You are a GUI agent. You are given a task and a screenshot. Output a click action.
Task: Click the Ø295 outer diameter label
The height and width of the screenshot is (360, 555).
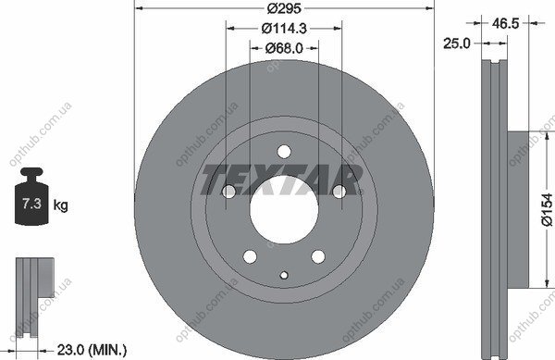[284, 8]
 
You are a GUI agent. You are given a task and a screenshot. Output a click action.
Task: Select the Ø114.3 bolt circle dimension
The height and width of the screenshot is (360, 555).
[284, 29]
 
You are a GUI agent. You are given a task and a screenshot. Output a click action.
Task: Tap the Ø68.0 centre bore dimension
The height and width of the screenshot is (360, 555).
[284, 48]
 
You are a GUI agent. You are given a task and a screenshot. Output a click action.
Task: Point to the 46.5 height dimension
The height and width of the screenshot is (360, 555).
[505, 23]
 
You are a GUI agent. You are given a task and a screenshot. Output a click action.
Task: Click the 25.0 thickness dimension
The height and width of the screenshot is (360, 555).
[457, 43]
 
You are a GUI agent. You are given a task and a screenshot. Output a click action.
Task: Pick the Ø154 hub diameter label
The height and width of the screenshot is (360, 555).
[547, 209]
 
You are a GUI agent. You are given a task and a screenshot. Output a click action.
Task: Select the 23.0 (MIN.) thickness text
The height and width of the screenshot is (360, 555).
[92, 350]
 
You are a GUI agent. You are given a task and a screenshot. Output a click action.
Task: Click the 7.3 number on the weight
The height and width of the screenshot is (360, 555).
[31, 204]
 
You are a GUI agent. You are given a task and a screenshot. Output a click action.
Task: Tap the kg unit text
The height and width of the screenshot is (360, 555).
[60, 205]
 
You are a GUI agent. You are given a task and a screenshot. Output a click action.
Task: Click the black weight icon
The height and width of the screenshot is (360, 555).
[31, 196]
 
